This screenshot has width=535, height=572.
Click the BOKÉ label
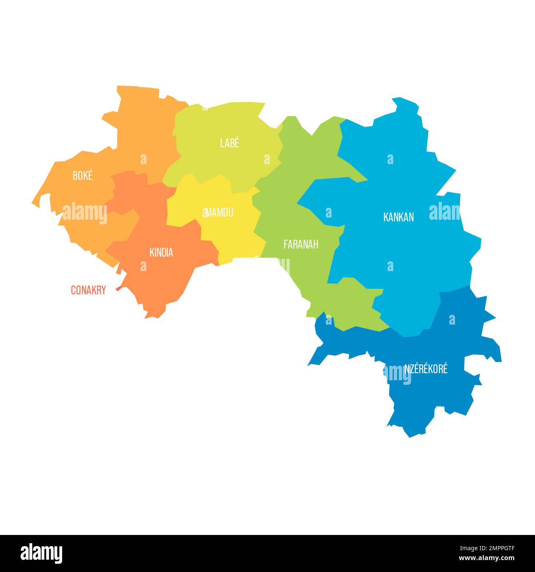82,176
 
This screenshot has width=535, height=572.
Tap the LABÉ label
229,143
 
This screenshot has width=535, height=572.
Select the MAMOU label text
219,212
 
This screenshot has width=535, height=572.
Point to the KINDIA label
161,253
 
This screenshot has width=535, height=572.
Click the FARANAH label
301,244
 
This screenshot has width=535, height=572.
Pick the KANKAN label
398,217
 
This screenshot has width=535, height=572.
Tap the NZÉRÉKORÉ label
426,369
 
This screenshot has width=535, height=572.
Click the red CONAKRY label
88,290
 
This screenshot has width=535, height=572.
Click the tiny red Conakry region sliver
118,288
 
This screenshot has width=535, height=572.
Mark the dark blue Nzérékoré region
428,395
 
